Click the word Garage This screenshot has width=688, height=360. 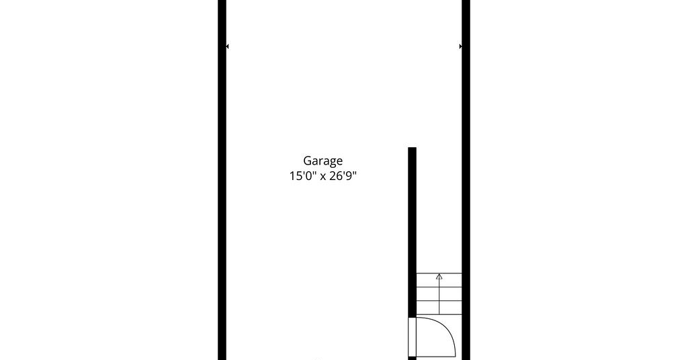click(322, 161)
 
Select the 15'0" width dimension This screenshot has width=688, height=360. click(303, 176)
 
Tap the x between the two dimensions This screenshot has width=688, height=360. click(323, 177)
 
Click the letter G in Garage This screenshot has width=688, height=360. click(307, 161)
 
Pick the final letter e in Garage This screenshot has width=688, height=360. click(339, 162)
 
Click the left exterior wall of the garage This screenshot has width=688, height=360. click(222, 180)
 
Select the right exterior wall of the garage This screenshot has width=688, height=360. click(466, 180)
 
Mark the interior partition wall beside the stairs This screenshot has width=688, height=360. click(412, 232)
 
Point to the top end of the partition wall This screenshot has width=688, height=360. click(412, 148)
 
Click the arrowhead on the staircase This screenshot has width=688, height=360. click(439, 276)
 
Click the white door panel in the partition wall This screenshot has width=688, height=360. click(412, 337)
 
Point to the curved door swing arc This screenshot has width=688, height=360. click(446, 331)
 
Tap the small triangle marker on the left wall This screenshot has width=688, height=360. click(227, 46)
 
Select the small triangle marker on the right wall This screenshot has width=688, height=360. click(461, 46)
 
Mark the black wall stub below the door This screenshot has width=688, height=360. click(412, 359)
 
